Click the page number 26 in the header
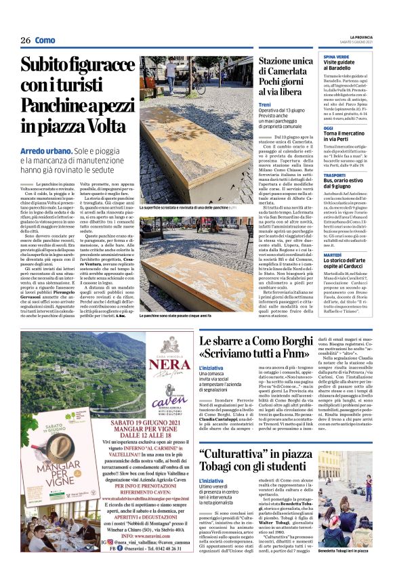click(x=26, y=41)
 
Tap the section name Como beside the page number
click(x=45, y=41)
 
